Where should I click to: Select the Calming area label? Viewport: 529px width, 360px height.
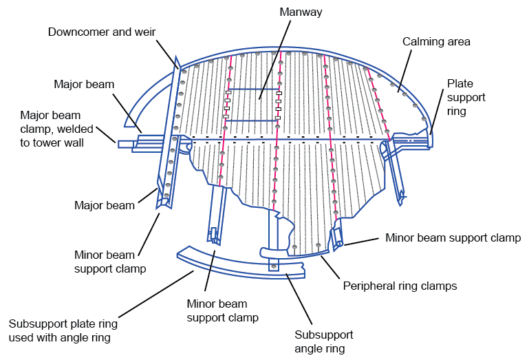(x=436, y=42)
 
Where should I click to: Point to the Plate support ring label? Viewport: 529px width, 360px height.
(x=466, y=97)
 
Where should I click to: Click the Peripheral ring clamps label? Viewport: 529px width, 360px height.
(x=400, y=284)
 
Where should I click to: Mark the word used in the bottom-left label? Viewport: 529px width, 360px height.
(x=21, y=337)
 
